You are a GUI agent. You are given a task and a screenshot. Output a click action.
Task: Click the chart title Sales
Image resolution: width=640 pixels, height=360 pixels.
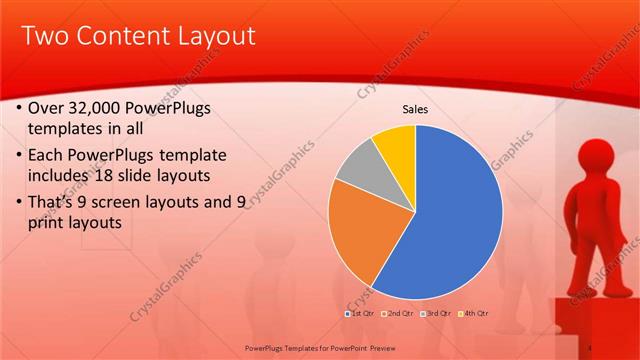point(415,110)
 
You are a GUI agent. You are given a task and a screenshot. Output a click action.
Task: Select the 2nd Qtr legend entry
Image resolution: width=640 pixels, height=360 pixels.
point(402,314)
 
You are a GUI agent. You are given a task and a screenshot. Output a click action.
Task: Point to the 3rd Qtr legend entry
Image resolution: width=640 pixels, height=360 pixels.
point(437,314)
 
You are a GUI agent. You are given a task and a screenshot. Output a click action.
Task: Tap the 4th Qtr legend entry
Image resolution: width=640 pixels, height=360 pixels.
point(474,314)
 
